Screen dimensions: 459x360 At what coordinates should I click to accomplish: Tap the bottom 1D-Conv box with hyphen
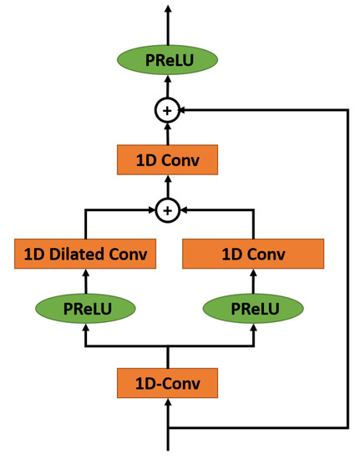[x=168, y=384]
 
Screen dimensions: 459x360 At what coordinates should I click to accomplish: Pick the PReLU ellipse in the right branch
[x=252, y=308]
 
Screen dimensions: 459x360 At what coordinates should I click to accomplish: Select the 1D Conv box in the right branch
[x=252, y=254]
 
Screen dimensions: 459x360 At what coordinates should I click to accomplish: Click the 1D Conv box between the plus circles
[x=168, y=159]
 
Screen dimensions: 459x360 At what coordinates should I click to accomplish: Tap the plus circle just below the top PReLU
[x=168, y=110]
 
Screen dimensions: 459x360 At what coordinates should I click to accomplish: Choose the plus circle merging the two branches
[x=168, y=210]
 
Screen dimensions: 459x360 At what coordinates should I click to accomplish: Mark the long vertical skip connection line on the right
[x=347, y=267]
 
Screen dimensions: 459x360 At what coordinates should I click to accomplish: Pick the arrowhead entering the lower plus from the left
[x=151, y=210]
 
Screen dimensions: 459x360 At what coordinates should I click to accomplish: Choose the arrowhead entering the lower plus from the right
[x=185, y=210]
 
